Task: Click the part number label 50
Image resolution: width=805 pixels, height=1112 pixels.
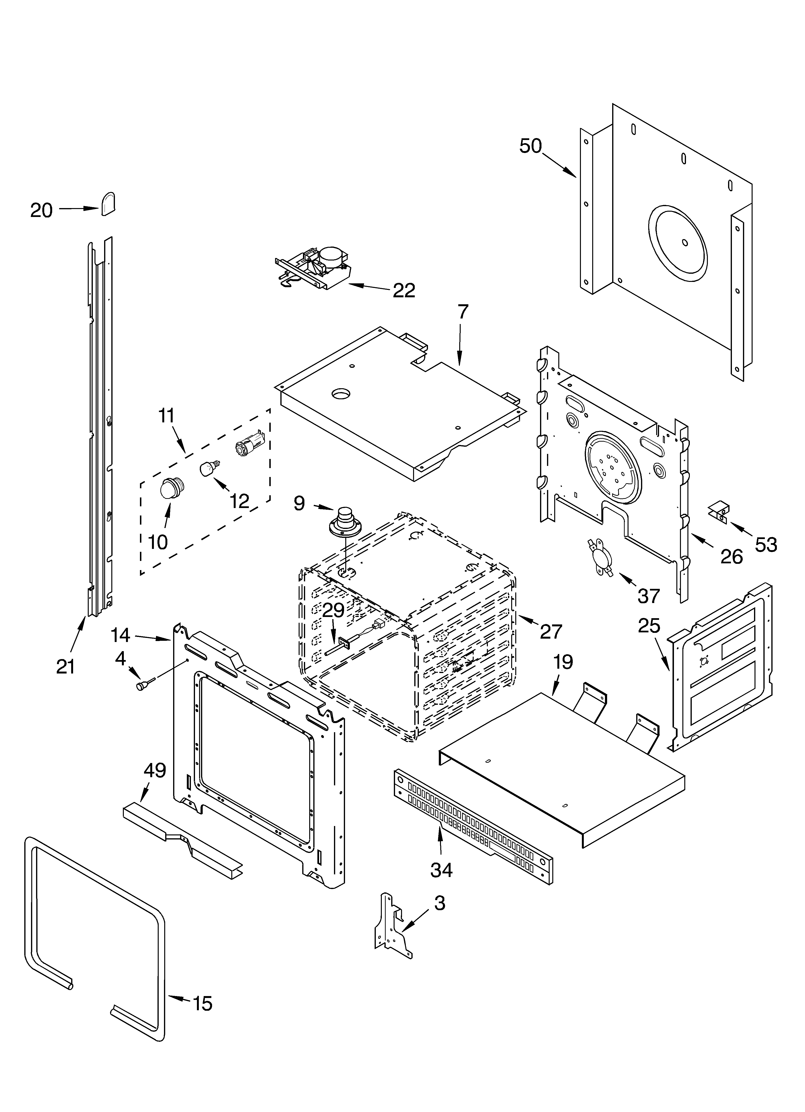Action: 530,146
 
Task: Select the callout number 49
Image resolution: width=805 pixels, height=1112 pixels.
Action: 155,771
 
